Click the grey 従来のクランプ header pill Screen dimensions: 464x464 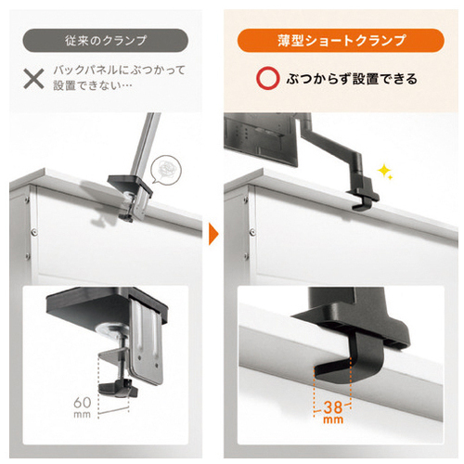[x=105, y=41]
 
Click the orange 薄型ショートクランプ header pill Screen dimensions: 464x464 [x=341, y=41]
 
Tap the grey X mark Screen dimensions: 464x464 [x=33, y=79]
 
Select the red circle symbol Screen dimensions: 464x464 [x=267, y=78]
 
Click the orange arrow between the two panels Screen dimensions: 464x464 [x=213, y=234]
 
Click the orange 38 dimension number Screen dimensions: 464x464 [x=333, y=407]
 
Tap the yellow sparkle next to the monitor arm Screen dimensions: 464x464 [x=385, y=172]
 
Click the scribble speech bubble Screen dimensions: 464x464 [x=166, y=170]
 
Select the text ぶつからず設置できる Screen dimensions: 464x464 [x=352, y=79]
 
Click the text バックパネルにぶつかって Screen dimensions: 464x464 [x=119, y=70]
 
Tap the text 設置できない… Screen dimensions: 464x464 [x=93, y=85]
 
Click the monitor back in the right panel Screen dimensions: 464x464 [x=261, y=140]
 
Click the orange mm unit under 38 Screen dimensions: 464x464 [x=333, y=419]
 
